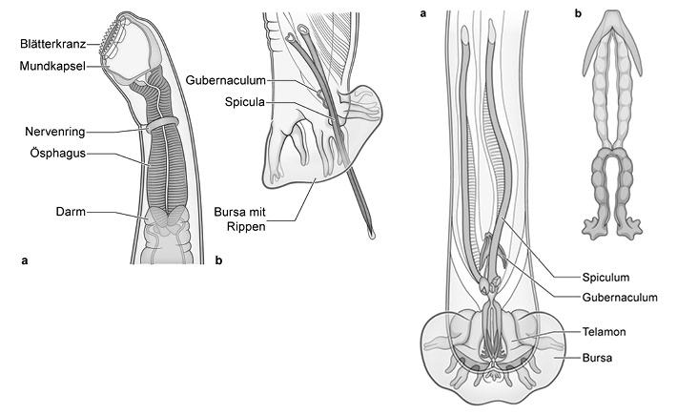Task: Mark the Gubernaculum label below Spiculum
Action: pos(620,298)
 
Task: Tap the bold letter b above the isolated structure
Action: pos(578,13)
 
